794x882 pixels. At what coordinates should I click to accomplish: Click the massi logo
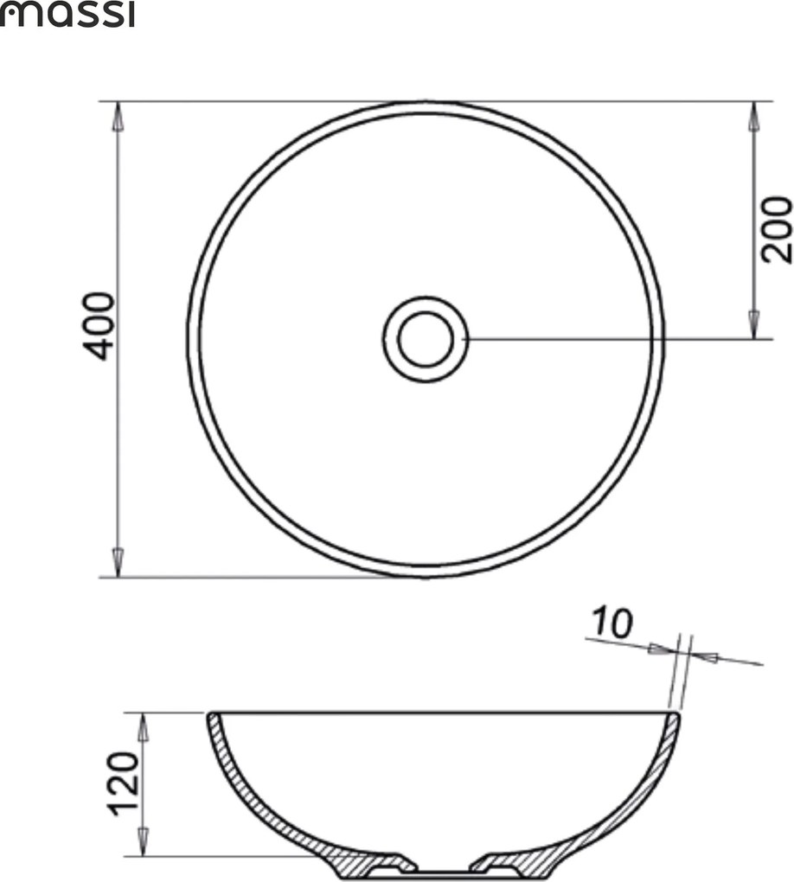click(x=67, y=15)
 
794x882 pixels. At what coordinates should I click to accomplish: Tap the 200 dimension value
click(x=776, y=229)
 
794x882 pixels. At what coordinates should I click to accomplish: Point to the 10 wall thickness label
click(x=612, y=622)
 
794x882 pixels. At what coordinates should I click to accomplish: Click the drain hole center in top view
click(x=426, y=339)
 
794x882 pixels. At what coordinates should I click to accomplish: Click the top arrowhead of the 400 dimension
click(x=118, y=117)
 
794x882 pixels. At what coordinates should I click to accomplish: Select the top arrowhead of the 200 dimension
click(x=753, y=117)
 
